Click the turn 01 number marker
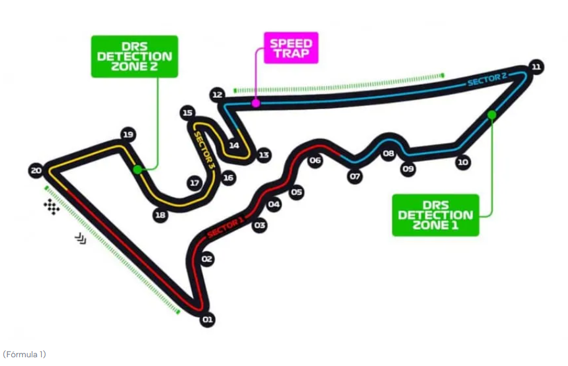207,320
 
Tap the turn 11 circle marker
537,67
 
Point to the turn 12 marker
217,95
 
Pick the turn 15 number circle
187,113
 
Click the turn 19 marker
128,134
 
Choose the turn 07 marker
355,176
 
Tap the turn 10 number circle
462,162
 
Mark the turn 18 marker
161,215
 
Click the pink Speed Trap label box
291,48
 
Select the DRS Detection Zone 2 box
134,57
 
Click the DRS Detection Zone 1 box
435,215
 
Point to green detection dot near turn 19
137,169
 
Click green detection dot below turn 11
491,114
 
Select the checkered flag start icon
52,207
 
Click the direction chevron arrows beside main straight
81,238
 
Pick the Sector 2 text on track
487,80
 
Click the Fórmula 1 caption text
24,354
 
